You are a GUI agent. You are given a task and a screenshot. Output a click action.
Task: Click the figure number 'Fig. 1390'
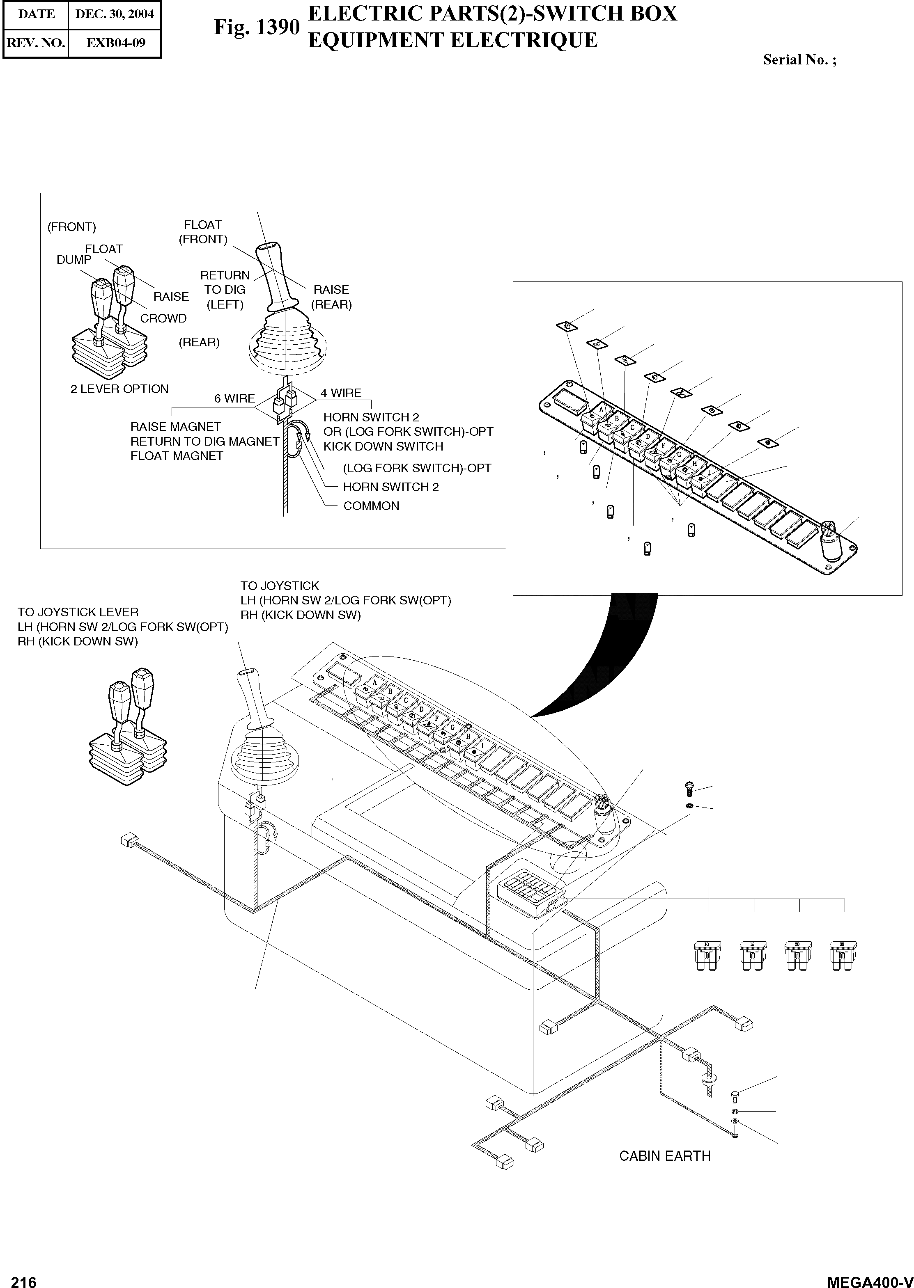[x=256, y=27]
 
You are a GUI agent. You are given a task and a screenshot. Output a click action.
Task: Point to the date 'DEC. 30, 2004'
[x=114, y=14]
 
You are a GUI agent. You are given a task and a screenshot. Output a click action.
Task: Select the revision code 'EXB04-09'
[x=115, y=43]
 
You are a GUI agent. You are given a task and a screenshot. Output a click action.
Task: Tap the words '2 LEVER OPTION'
[x=119, y=389]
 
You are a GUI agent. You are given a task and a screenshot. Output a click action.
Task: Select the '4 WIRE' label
[x=341, y=393]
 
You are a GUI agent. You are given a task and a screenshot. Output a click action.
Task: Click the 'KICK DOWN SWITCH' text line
[x=383, y=446]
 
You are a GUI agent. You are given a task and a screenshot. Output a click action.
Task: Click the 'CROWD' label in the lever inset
[x=163, y=318]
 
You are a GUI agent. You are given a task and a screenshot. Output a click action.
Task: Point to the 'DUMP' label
[x=74, y=260]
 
